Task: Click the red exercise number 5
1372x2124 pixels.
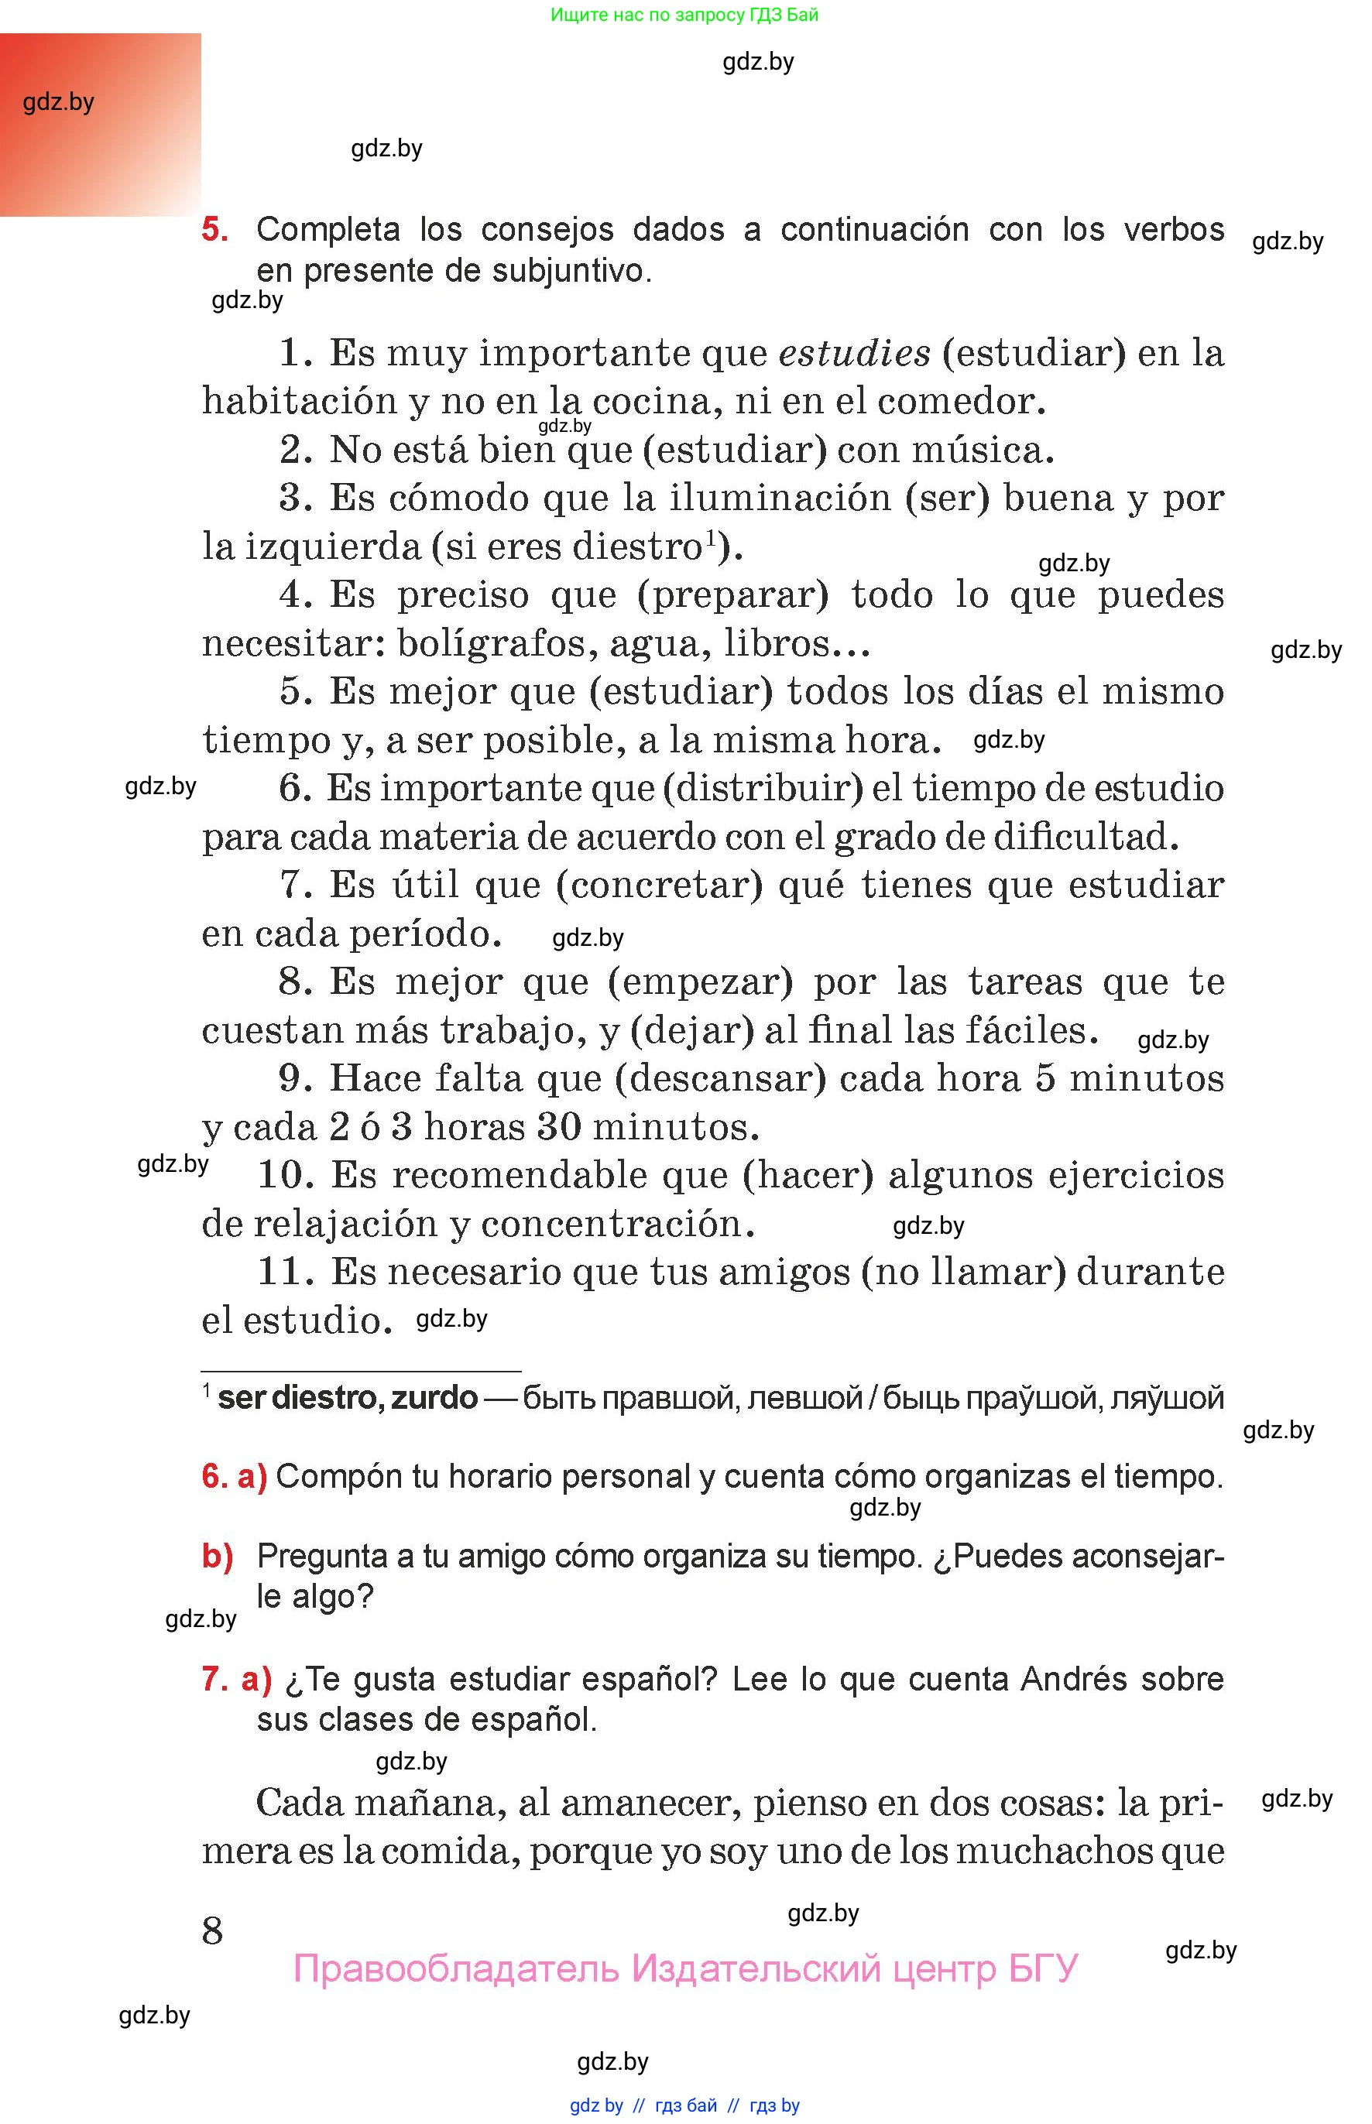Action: tap(214, 229)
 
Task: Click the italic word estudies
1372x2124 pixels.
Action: tap(854, 354)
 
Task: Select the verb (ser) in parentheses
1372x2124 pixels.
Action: tap(947, 498)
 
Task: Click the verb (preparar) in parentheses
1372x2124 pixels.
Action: tap(732, 596)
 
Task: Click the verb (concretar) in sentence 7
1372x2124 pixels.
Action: tap(658, 886)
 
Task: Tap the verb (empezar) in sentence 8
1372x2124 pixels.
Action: tap(699, 982)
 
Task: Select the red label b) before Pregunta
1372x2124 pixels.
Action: tap(218, 1556)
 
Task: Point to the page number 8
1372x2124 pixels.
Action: tap(212, 1930)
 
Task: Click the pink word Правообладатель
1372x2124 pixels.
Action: tap(455, 1968)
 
